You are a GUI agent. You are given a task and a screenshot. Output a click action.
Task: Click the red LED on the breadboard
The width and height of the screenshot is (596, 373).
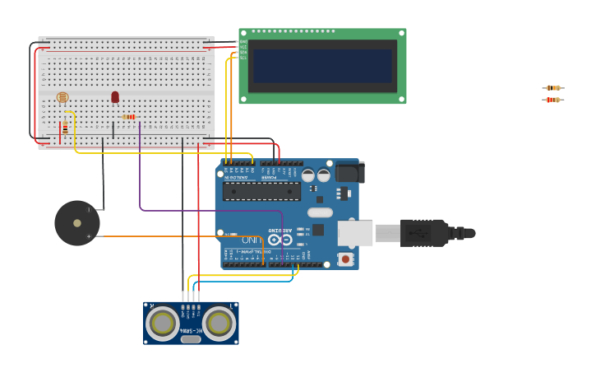pos(115,97)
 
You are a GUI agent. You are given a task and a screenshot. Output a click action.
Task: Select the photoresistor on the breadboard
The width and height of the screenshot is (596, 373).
pos(62,97)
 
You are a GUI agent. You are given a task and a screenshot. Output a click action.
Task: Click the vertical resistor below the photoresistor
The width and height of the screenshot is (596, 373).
pos(65,128)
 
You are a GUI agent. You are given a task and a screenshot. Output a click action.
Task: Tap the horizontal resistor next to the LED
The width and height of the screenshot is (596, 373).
pos(129,117)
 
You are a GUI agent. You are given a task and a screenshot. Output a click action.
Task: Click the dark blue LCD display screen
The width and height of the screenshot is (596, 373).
pos(322,66)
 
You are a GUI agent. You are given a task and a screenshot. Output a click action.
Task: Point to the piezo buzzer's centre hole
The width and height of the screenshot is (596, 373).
pos(77,223)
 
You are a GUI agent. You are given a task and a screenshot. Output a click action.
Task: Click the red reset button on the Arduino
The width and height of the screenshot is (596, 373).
pos(345,259)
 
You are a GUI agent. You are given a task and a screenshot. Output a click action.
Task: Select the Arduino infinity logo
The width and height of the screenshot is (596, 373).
pos(280,240)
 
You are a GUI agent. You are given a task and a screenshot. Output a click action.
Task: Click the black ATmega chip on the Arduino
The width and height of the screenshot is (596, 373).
pos(261,192)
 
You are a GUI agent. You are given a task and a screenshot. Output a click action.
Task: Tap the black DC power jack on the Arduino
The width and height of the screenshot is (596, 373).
pos(349,171)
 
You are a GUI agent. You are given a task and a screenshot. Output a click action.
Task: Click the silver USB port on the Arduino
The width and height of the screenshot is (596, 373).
pos(355,233)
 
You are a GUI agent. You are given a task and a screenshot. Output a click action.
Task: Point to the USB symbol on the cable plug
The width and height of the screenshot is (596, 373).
pos(423,234)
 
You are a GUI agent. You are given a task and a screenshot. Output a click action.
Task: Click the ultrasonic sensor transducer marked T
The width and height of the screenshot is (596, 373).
pos(219,323)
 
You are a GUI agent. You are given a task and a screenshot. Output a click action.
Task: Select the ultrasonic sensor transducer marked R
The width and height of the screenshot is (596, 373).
pos(162,323)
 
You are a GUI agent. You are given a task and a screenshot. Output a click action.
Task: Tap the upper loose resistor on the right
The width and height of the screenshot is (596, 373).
pos(553,87)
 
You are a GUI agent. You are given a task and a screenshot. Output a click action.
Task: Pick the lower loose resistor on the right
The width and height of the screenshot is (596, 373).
pos(553,100)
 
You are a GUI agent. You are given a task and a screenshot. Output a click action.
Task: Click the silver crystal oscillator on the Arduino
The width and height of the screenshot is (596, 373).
pos(320,212)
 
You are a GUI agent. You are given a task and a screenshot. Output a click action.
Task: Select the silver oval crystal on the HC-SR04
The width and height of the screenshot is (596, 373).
pos(191,338)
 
